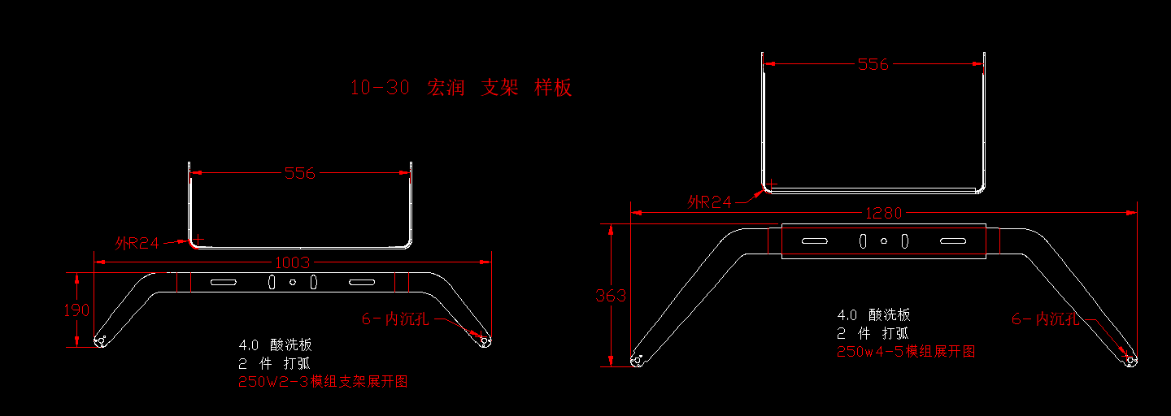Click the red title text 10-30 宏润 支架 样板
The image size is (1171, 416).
click(x=461, y=88)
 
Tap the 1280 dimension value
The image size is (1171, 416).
click(x=883, y=214)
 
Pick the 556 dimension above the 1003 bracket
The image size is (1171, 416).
click(x=300, y=173)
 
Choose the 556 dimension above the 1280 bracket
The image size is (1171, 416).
click(x=873, y=64)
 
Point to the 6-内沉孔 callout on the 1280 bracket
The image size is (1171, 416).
click(x=1045, y=319)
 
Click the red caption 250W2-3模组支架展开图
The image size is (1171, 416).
click(x=323, y=382)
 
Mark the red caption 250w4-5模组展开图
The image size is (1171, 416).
click(x=906, y=352)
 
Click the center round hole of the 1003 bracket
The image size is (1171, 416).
click(x=294, y=283)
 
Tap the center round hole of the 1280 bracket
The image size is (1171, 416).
click(x=884, y=241)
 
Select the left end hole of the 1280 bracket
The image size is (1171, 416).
click(x=637, y=359)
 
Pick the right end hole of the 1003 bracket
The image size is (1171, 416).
click(x=485, y=341)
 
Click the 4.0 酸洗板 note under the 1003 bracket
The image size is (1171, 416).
click(x=275, y=345)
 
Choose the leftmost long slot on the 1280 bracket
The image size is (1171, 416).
click(x=814, y=241)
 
